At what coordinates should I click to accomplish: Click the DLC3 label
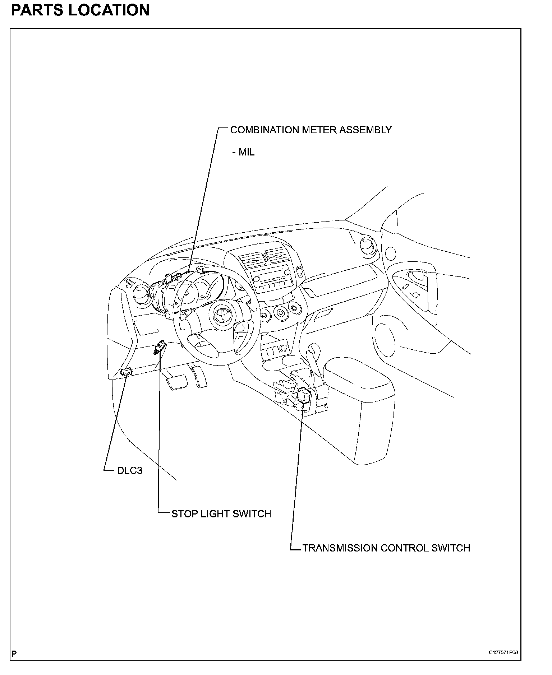129,470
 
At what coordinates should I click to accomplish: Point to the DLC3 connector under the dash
127,372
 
